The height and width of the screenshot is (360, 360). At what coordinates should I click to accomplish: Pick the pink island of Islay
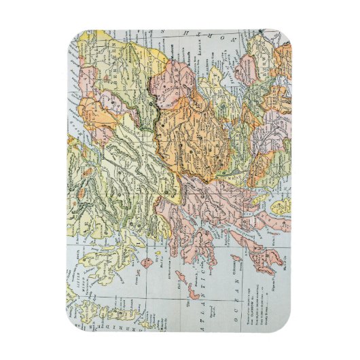[269, 259]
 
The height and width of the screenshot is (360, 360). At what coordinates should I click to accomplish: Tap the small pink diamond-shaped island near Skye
[147, 261]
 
